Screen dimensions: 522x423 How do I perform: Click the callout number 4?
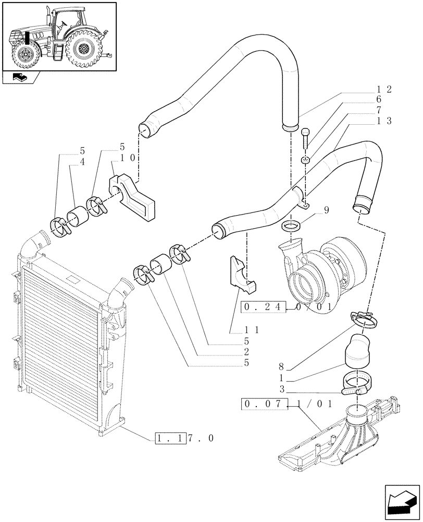[82, 162]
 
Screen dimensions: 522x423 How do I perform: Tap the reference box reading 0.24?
[264, 308]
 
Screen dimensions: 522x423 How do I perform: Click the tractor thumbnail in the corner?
[58, 36]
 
